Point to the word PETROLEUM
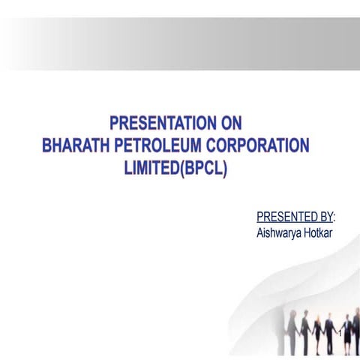tap(163, 145)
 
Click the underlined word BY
tap(323, 217)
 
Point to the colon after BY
tap(334, 217)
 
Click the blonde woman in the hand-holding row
tap(319, 330)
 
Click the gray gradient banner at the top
tap(180, 43)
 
